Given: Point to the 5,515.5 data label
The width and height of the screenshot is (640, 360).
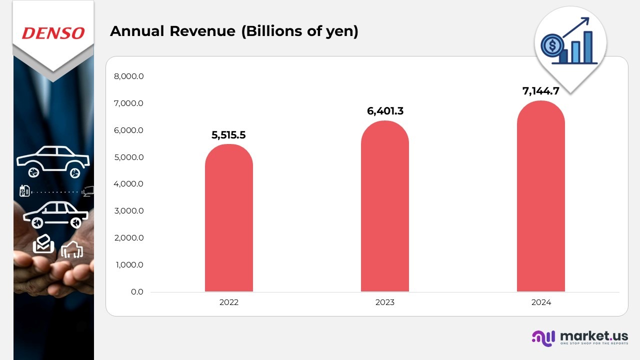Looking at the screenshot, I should [x=229, y=135].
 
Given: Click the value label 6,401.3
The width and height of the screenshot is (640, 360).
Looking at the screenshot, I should [x=385, y=111].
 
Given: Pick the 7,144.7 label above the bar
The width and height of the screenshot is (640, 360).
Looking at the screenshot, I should [x=541, y=91].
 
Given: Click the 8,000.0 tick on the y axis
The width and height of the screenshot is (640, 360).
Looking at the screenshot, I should [x=129, y=76].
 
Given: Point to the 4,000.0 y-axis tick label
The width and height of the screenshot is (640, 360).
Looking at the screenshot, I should [x=129, y=184].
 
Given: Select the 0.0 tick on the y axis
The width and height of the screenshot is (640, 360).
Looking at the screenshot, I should [x=137, y=291].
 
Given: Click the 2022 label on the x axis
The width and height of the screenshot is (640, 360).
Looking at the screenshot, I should [x=229, y=302].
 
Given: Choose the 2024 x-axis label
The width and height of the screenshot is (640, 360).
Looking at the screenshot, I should [x=541, y=302].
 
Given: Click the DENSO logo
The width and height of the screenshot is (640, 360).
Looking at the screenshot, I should [x=53, y=33].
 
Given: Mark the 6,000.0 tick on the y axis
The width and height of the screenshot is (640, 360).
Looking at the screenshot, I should [x=129, y=130].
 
